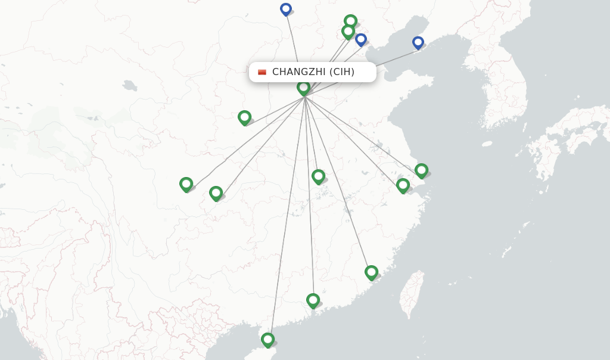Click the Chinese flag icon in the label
(x=262, y=72)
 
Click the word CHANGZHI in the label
(x=298, y=72)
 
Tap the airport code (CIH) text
(x=342, y=72)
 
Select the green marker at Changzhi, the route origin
(x=304, y=88)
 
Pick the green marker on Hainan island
(x=267, y=340)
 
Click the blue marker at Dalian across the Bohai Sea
(x=418, y=42)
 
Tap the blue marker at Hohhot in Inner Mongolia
(x=286, y=9)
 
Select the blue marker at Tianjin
(x=361, y=39)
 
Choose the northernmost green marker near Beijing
(x=351, y=21)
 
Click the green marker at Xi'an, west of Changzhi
(x=244, y=117)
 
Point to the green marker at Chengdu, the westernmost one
(x=186, y=184)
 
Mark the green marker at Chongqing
(x=216, y=193)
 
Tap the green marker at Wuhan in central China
(x=319, y=176)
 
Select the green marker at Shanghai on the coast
(x=422, y=170)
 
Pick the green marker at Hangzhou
(x=403, y=185)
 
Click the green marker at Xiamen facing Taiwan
(x=372, y=272)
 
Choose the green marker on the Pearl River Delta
(x=313, y=300)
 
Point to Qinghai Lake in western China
(x=129, y=85)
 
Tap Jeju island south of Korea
(x=487, y=144)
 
